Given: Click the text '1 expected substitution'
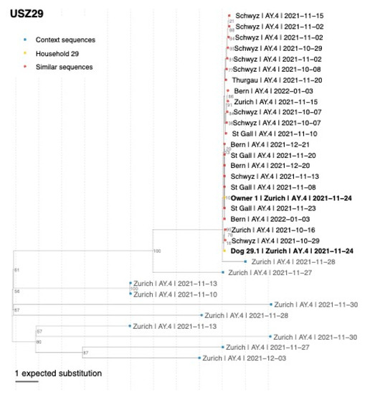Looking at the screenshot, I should pos(58,373).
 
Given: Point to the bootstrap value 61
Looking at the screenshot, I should pos(16,270).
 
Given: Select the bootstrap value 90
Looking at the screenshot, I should pos(39,343).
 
